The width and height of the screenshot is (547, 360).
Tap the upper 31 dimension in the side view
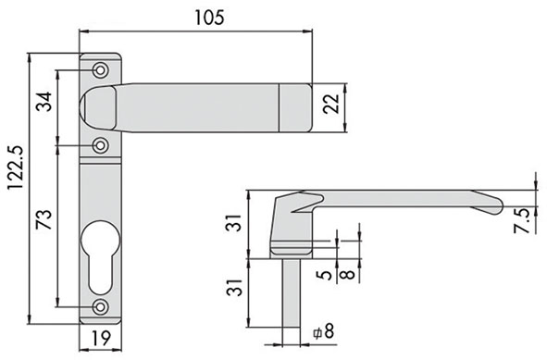pos(236,224)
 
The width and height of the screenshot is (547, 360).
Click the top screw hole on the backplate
pos(100,69)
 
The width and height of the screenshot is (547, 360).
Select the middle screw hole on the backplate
pos(100,145)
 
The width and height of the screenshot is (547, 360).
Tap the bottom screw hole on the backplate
pos(100,307)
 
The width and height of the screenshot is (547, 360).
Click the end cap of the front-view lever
pos(297,107)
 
